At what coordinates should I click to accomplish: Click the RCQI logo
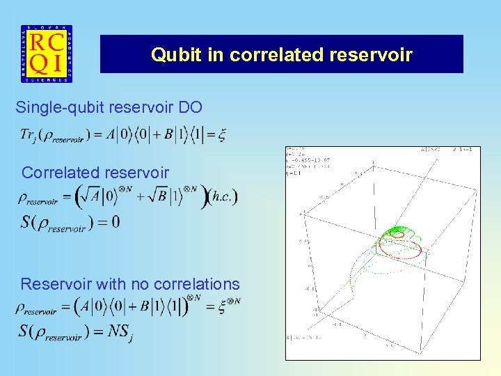tap(46, 54)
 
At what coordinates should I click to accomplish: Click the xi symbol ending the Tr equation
tap(221, 134)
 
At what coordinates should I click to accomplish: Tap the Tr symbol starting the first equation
tap(29, 134)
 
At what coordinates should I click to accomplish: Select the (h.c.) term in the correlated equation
tap(223, 197)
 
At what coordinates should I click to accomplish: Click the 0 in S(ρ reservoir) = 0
tap(115, 223)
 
